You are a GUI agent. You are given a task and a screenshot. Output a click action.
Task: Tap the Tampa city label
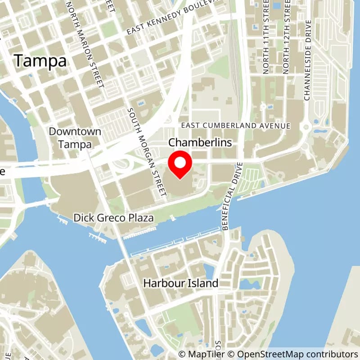click(x=40, y=61)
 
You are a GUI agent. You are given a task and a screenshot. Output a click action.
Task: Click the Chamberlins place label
click(x=200, y=143)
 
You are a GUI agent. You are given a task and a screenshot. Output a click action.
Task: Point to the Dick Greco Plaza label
click(x=113, y=218)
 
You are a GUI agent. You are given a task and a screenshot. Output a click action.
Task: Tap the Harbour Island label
click(x=180, y=283)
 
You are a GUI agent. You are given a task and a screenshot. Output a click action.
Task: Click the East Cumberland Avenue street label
click(x=235, y=126)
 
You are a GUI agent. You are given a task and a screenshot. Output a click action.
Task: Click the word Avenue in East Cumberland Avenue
click(x=275, y=126)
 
